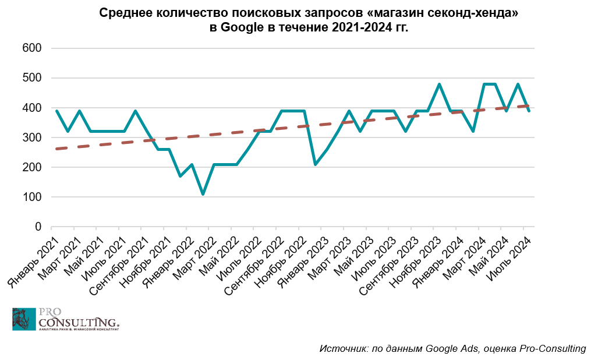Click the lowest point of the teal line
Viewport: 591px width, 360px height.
point(203,194)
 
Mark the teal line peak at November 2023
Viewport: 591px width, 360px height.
point(439,84)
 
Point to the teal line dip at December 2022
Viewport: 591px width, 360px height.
point(315,164)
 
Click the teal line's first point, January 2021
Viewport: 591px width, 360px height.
point(56,111)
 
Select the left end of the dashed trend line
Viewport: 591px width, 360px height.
point(56,149)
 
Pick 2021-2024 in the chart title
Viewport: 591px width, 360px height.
point(357,27)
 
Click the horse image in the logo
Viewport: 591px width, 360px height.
point(24,319)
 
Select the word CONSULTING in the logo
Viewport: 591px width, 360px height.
point(79,322)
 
